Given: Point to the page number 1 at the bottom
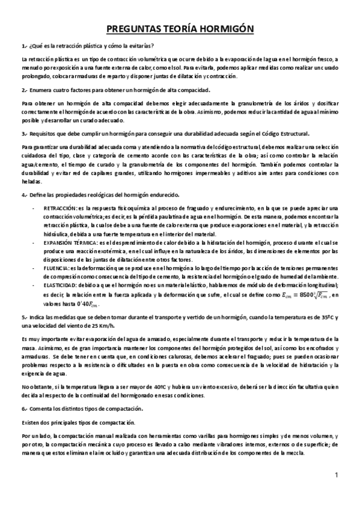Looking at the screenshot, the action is pyautogui.click(x=337, y=476).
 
